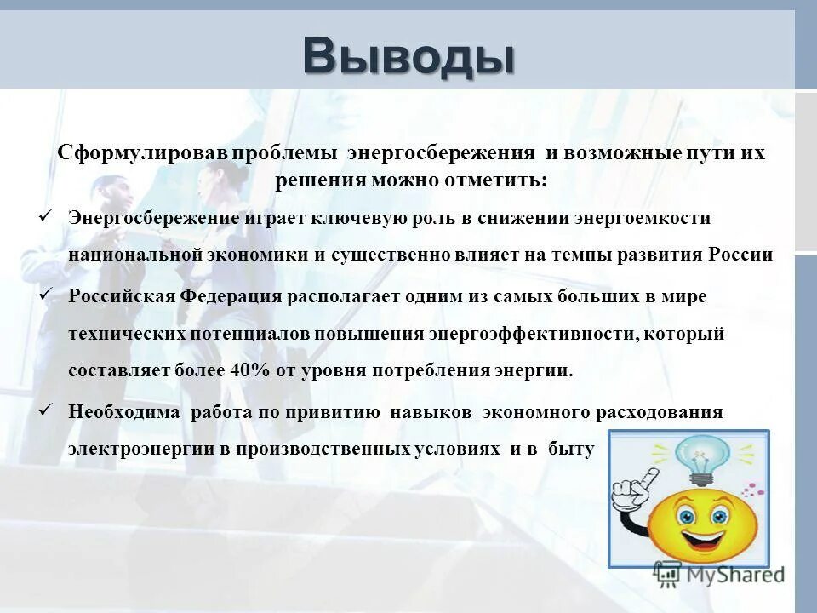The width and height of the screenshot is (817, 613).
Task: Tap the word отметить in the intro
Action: [x=497, y=180]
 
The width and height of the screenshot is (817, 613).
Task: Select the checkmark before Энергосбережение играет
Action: [x=47, y=217]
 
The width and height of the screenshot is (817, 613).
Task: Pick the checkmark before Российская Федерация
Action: [x=47, y=295]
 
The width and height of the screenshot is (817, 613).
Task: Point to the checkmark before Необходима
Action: [x=47, y=411]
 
